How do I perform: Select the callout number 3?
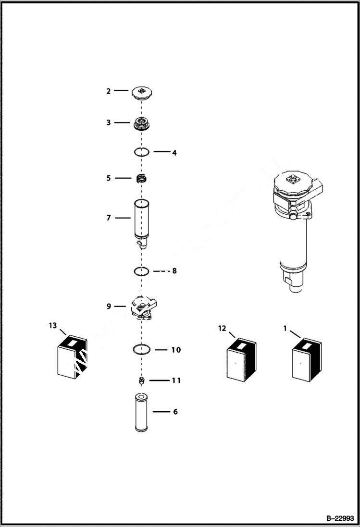click(109, 123)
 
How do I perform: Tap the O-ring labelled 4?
click(141, 152)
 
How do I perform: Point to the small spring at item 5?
click(141, 178)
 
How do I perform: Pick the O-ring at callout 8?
click(141, 271)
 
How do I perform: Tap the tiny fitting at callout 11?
click(141, 381)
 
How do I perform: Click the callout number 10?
click(176, 350)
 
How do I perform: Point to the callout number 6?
click(175, 412)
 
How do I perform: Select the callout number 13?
click(52, 326)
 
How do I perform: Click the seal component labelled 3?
click(141, 123)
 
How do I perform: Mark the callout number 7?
click(109, 218)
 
